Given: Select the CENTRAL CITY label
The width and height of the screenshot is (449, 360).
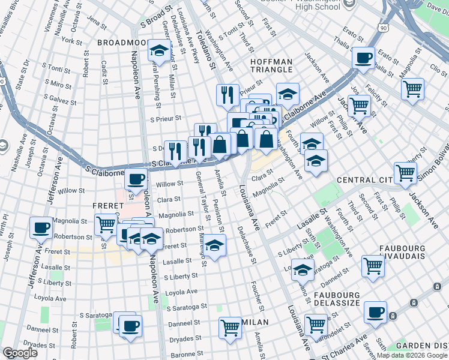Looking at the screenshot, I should [x=364, y=180].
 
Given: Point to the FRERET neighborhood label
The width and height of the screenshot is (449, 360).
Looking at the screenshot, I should [x=107, y=205].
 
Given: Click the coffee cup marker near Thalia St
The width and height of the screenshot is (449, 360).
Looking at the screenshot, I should [x=363, y=58].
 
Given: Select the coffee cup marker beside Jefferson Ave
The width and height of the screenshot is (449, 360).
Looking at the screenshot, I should [x=41, y=227].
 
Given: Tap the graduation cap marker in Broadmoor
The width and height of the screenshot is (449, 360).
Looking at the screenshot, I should [x=159, y=50].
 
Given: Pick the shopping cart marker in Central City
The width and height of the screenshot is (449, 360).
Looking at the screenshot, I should [x=406, y=173].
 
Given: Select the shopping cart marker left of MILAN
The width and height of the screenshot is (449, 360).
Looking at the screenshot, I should [x=231, y=328].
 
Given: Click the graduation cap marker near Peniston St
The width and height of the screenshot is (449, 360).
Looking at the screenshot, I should [x=214, y=245].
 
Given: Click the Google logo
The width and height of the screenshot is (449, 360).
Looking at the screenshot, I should [x=20, y=353].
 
